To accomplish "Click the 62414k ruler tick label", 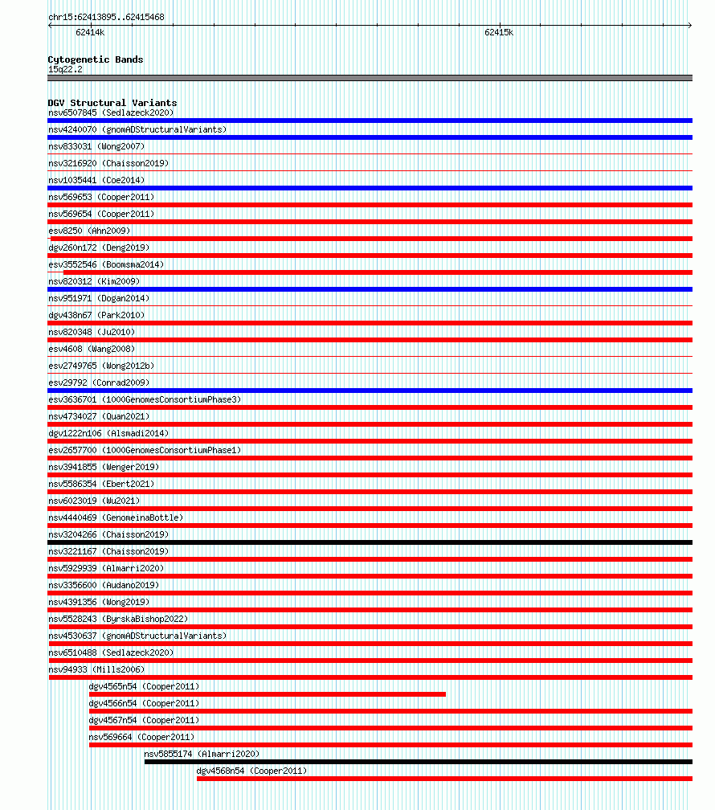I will (90, 33).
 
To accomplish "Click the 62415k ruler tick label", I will (499, 33).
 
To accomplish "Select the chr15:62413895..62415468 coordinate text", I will (106, 17).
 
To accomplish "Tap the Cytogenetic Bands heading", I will (95, 59).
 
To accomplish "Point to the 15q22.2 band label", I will (65, 69).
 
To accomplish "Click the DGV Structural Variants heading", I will (112, 103).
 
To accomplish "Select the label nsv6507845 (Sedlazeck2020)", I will (110, 112).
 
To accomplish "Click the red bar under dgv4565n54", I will (267, 694).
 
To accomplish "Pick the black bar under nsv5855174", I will (418, 762).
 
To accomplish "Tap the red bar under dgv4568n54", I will (443, 779).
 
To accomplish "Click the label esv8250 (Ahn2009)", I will (88, 231).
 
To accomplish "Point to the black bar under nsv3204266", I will (370, 542).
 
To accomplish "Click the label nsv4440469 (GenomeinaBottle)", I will (115, 517).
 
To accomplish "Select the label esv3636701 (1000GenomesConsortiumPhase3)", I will (144, 399).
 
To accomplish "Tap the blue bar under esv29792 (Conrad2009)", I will (370, 391).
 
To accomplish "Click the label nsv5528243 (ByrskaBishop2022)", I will (117, 619).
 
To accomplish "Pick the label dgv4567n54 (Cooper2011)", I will (144, 720).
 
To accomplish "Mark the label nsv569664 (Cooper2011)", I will (141, 737).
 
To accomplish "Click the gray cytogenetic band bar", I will (370, 78).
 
